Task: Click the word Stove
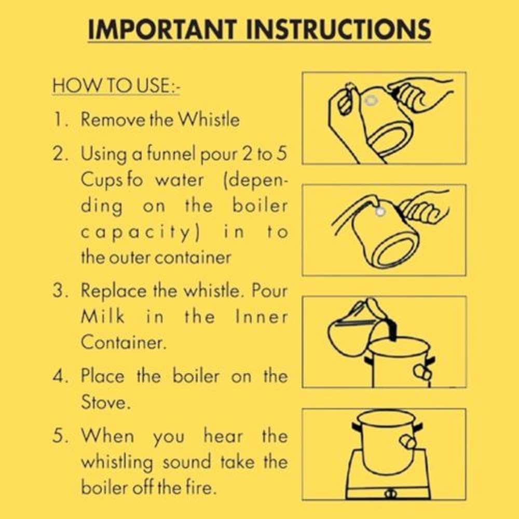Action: click(103, 402)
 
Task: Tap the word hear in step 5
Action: click(223, 435)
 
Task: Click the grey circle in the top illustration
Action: click(371, 101)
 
